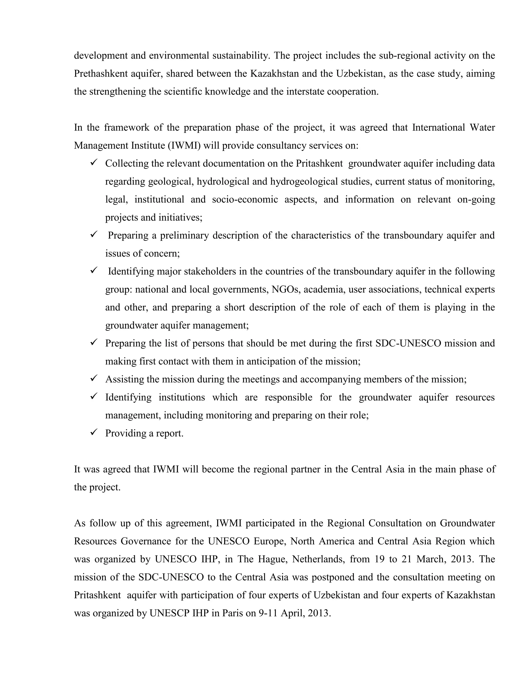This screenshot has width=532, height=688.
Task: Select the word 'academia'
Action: (x=323, y=289)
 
